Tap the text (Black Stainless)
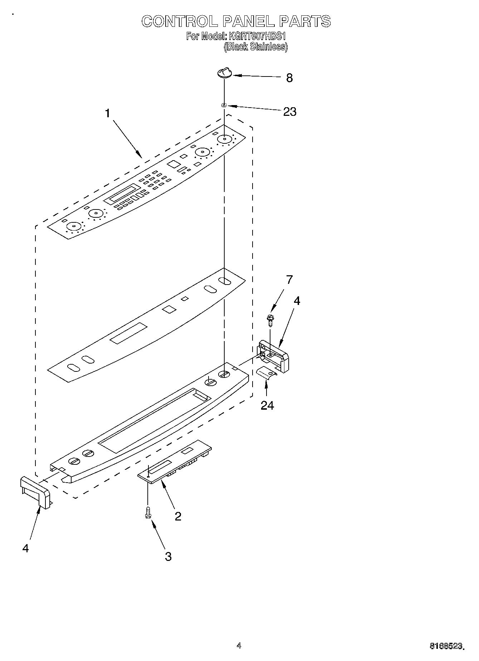[x=255, y=47]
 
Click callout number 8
[x=289, y=78]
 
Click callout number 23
[x=290, y=112]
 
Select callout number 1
[x=107, y=113]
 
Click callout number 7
[x=289, y=279]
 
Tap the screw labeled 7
[x=270, y=319]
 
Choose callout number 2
[x=178, y=516]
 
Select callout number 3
[x=168, y=556]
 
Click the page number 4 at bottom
[x=239, y=646]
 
